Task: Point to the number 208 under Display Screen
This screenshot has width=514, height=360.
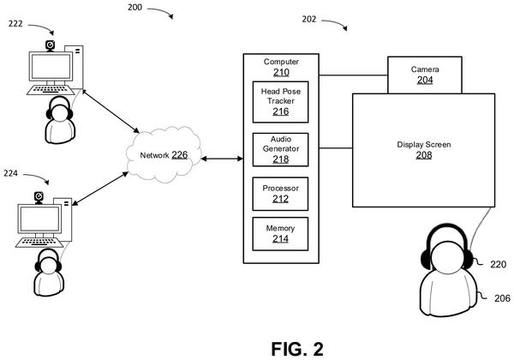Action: click(424, 155)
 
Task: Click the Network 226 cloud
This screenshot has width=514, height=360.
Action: click(164, 154)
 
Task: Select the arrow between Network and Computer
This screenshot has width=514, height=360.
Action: click(222, 159)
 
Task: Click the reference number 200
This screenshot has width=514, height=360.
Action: click(134, 7)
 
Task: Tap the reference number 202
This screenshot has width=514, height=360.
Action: click(309, 19)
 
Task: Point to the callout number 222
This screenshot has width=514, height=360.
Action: click(15, 24)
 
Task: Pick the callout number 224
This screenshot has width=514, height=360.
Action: click(10, 173)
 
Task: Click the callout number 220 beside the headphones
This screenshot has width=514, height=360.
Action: click(499, 264)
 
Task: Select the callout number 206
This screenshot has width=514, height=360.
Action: click(502, 298)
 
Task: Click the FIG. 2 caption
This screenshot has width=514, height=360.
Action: click(297, 349)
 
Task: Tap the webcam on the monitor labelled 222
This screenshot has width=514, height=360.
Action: click(50, 45)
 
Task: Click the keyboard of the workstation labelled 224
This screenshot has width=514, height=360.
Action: click(39, 243)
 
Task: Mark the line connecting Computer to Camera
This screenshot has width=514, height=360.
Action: click(353, 75)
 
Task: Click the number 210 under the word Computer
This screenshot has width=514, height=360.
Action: click(281, 72)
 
